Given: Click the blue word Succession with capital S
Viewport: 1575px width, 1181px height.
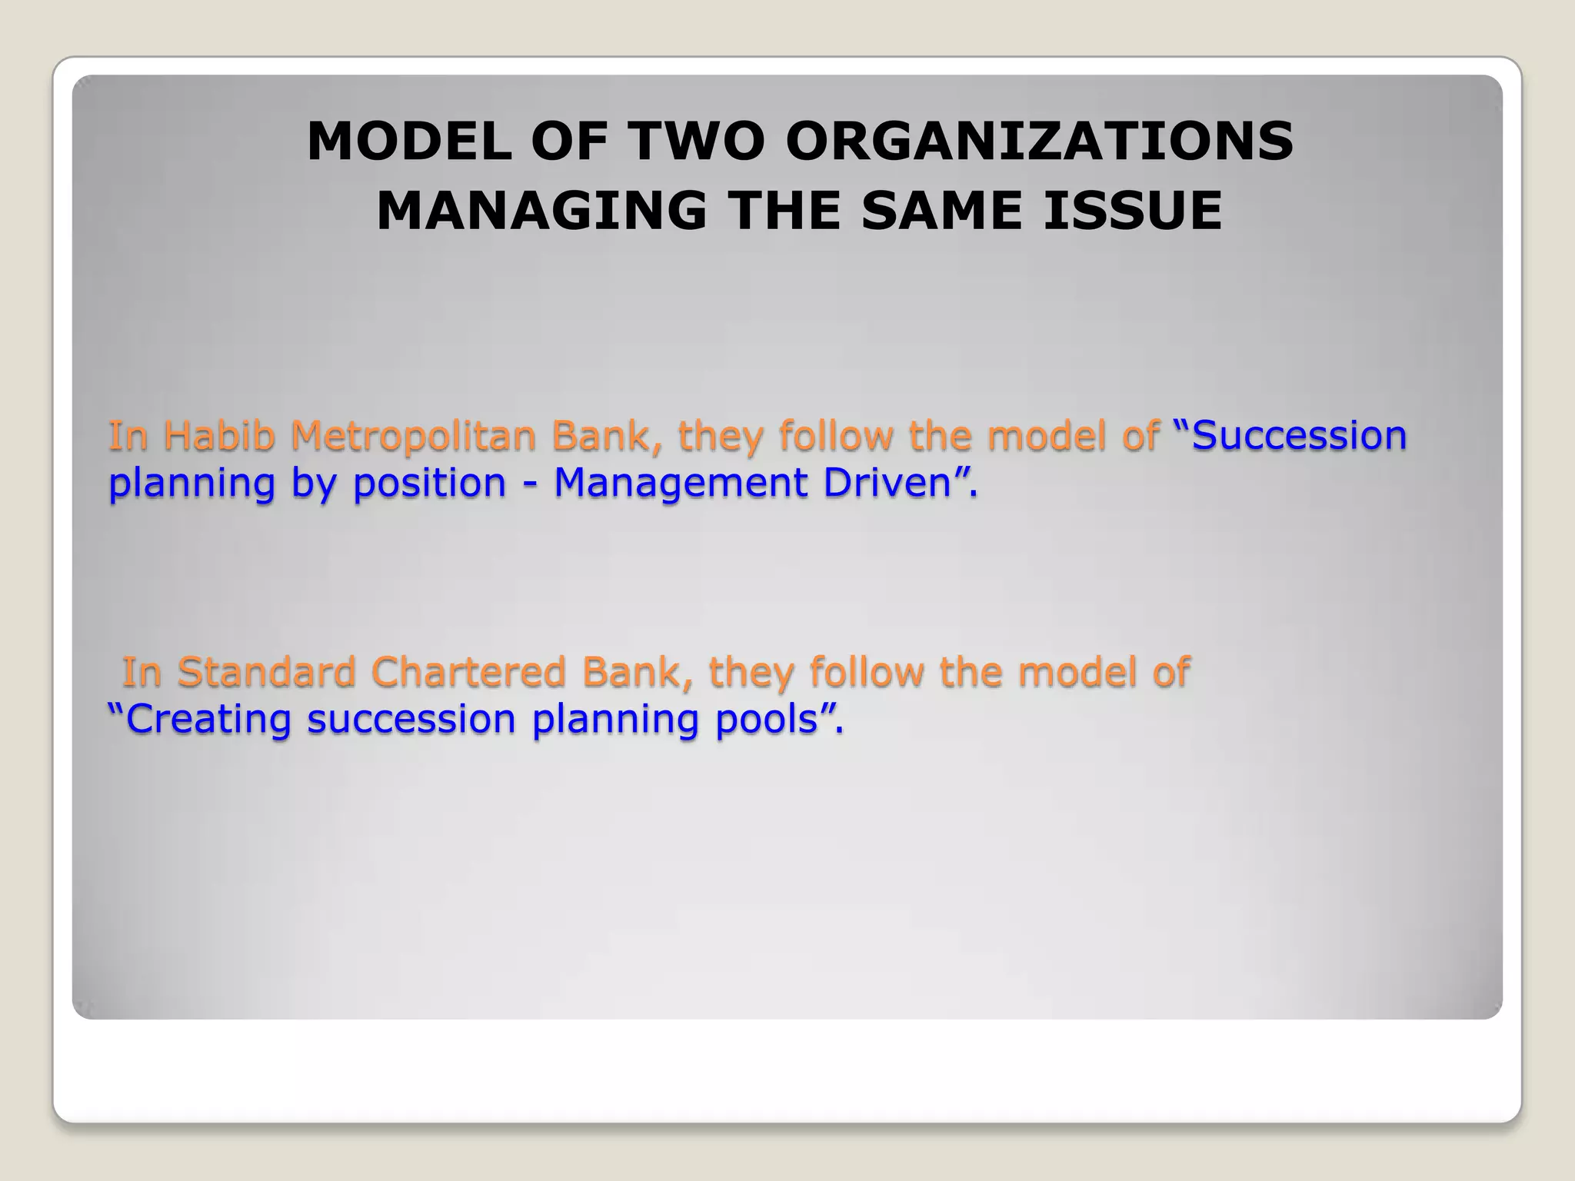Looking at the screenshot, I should coord(1299,435).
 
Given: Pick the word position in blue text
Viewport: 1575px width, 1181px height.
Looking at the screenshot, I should coord(429,483).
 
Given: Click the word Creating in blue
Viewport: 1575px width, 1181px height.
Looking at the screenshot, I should coord(208,719).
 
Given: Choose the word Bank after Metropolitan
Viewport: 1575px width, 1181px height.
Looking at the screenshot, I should coord(608,435).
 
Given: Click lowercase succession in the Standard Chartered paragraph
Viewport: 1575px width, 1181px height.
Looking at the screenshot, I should coord(411,719).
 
